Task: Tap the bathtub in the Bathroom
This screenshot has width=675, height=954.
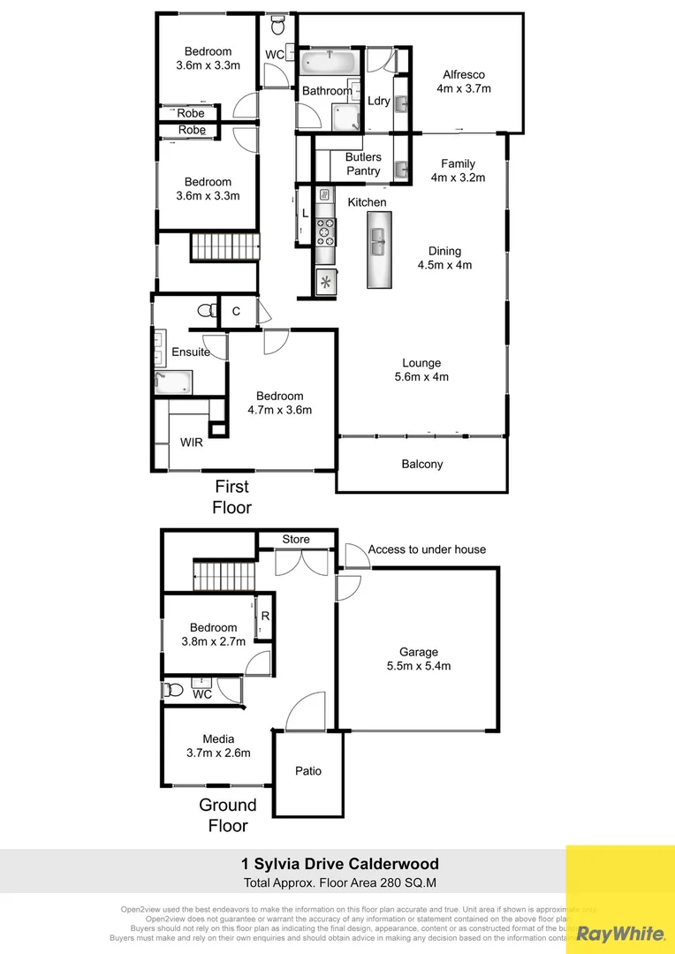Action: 329,64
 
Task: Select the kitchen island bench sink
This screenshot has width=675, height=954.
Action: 377,241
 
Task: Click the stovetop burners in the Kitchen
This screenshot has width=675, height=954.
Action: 324,231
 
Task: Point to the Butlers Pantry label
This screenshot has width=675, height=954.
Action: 363,163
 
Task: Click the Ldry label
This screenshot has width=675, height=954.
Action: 379,101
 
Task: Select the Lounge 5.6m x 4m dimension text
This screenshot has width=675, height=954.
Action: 421,377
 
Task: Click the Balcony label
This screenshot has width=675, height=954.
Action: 422,464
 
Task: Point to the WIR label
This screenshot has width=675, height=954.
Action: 192,442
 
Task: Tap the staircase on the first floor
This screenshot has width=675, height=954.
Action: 225,247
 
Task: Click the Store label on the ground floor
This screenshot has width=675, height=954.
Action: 296,539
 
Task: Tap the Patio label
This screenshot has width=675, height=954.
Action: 308,771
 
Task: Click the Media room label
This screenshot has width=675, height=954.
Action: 218,739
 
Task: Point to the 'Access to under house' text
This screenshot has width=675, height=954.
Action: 427,549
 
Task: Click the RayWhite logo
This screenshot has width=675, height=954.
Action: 620,933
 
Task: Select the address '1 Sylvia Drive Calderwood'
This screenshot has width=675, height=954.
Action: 340,864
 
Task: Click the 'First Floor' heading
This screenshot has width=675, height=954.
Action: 232,497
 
